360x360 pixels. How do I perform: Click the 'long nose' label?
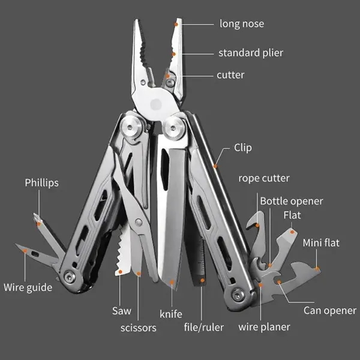point(242,24)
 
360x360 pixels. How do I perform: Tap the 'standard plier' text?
point(251,53)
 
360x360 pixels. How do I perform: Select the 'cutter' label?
point(230,75)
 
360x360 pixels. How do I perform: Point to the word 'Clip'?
point(243,148)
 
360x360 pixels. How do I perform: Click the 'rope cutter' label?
point(264,179)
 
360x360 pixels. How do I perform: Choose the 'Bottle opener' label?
point(292,202)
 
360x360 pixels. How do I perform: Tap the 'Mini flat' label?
point(321,243)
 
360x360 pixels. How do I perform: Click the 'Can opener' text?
point(330,311)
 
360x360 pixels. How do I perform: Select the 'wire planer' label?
point(264,327)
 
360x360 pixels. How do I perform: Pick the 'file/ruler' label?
point(203,327)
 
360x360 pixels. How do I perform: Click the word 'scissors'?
point(139,328)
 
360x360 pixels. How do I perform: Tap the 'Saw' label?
point(122,311)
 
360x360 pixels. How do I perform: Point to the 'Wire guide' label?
point(28,287)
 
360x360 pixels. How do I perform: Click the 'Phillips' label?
point(42,183)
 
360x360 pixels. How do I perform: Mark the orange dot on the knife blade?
point(172,282)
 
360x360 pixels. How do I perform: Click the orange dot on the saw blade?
point(120,272)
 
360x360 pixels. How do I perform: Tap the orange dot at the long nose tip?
point(176,25)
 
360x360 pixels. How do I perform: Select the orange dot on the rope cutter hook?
point(257,226)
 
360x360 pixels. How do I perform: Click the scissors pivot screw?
point(139,222)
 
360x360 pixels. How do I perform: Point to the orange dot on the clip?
point(215,166)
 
